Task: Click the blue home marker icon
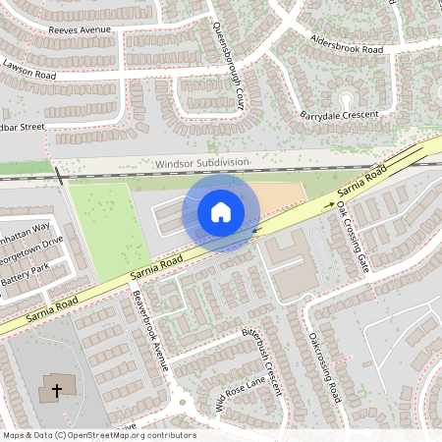tap(221, 212)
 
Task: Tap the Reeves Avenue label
tap(82, 30)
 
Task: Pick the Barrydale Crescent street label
tap(339, 114)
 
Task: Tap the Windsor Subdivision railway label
tap(202, 162)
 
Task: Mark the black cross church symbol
tap(57, 391)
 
